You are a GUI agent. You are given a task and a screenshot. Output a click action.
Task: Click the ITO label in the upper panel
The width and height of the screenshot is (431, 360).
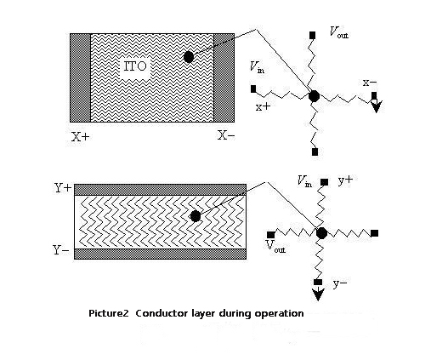coord(135,66)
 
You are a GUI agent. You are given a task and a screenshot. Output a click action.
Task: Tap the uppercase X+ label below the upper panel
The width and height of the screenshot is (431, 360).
coord(80,137)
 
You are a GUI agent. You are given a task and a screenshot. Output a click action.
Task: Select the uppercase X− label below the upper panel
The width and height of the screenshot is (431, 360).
coord(226,135)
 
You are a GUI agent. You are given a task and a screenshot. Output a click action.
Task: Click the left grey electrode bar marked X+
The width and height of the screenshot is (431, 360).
coord(81,78)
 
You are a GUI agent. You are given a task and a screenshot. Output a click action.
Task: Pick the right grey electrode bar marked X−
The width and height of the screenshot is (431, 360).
coord(224,78)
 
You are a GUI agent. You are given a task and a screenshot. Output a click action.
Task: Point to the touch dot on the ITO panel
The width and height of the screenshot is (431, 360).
coord(189,57)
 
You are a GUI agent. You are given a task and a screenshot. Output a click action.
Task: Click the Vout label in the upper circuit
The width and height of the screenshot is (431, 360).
coord(339,31)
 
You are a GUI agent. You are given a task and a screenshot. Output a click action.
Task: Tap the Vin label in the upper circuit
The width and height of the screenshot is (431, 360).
coord(258,67)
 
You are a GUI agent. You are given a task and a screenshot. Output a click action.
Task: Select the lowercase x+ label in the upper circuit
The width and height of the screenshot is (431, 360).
coord(264,106)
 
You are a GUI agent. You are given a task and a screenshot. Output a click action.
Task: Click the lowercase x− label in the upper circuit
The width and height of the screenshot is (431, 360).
coord(370,83)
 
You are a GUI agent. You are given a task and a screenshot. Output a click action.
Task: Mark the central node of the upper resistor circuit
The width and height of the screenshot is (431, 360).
coord(314,96)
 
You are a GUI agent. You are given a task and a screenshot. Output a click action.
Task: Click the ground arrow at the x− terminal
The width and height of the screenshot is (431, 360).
coord(377,106)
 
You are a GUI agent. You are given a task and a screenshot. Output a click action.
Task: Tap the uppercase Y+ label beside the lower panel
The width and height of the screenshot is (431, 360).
coord(63,188)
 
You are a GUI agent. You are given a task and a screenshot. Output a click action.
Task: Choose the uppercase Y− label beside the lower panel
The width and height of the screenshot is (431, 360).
coord(61,250)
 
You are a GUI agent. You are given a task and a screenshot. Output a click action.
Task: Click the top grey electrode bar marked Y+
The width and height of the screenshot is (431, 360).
coord(160,190)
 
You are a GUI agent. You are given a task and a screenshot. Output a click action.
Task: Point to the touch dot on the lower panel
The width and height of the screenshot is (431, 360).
coord(196,216)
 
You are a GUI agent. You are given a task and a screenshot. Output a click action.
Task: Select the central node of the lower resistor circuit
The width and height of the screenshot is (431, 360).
coord(321,233)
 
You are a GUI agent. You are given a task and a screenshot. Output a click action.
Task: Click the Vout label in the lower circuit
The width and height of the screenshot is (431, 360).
coord(275,246)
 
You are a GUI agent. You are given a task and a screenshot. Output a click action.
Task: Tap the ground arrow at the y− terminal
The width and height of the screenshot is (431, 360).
coord(318,294)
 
